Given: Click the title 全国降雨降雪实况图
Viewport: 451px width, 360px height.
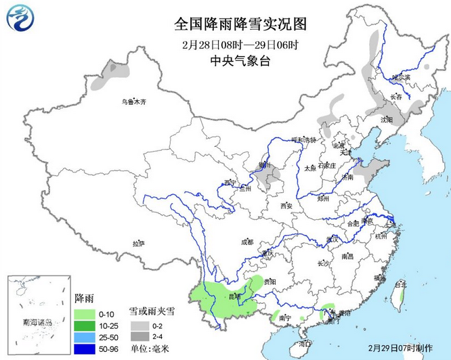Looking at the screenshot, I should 240,24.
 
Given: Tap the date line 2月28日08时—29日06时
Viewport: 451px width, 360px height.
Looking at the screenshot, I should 240,45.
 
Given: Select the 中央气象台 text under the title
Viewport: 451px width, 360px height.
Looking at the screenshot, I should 240,62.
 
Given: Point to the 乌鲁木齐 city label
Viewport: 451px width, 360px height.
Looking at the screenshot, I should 133,102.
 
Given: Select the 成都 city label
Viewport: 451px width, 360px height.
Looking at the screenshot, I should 246,241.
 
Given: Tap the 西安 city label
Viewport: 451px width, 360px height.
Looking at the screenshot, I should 284,206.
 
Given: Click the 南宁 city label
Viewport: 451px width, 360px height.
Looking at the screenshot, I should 284,317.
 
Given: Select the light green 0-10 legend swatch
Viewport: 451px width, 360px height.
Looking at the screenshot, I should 84,314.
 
